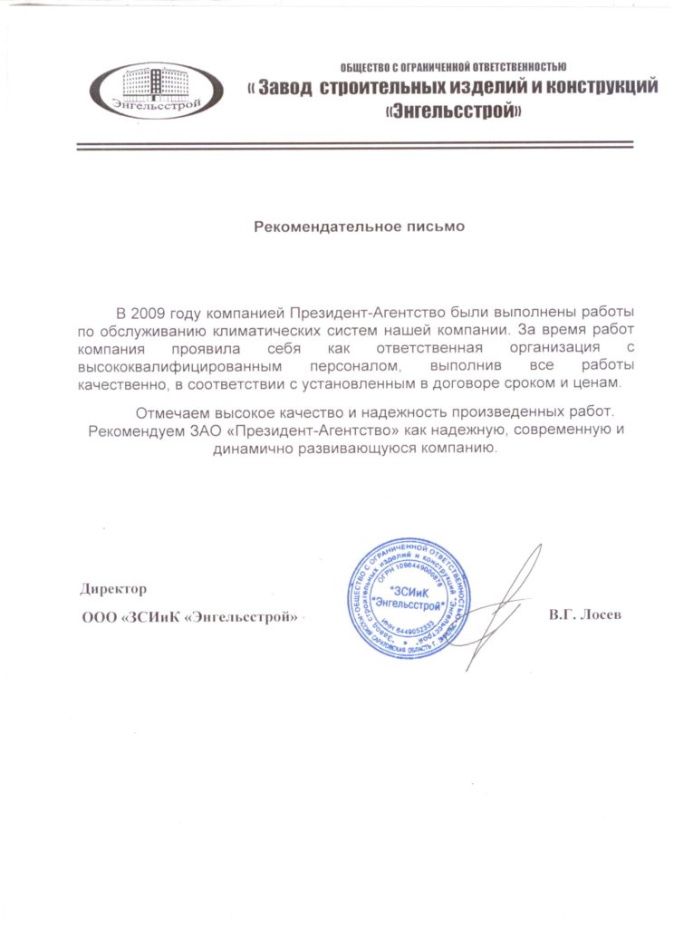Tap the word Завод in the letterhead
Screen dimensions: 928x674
[x=287, y=89]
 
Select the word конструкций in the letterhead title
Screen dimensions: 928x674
[x=590, y=89]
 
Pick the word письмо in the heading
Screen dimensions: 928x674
[x=431, y=227]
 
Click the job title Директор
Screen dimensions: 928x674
[x=113, y=589]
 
